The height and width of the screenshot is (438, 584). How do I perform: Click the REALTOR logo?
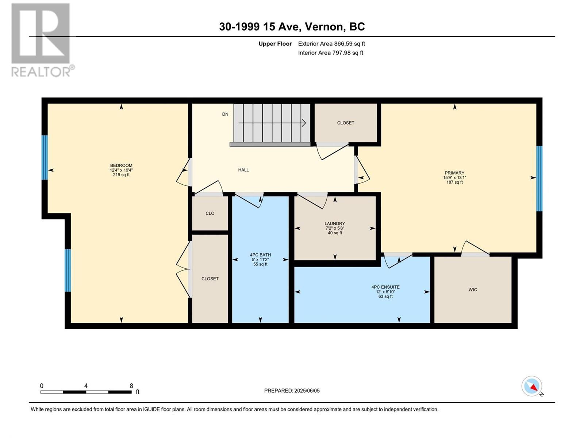[x=43, y=40]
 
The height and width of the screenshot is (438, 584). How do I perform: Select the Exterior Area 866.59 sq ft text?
[x=331, y=43]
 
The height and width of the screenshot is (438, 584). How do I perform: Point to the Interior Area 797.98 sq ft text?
[x=330, y=53]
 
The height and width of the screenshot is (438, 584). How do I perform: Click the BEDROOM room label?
[x=121, y=165]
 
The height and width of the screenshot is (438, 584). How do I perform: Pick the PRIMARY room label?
[x=454, y=173]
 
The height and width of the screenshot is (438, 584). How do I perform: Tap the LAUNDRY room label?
[x=335, y=224]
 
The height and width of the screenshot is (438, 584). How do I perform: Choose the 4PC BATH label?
[x=260, y=255]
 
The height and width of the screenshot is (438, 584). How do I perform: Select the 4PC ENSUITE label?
[x=385, y=287]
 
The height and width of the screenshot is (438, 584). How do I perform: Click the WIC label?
[x=473, y=290]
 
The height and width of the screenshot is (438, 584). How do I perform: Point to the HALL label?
[x=243, y=170]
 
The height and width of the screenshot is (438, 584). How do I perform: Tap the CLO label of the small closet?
[x=210, y=213]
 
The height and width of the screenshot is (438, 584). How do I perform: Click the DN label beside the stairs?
[x=225, y=114]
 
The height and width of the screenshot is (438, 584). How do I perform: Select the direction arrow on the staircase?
[x=272, y=123]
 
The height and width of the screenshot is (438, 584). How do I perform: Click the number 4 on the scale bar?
[x=86, y=386]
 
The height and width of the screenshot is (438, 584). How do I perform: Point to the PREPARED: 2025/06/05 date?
[x=292, y=391]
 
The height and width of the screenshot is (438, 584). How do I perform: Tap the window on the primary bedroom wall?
[x=539, y=178]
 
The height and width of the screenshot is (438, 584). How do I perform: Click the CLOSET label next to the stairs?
[x=346, y=123]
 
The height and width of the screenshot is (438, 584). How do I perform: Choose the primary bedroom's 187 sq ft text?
[x=454, y=182]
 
